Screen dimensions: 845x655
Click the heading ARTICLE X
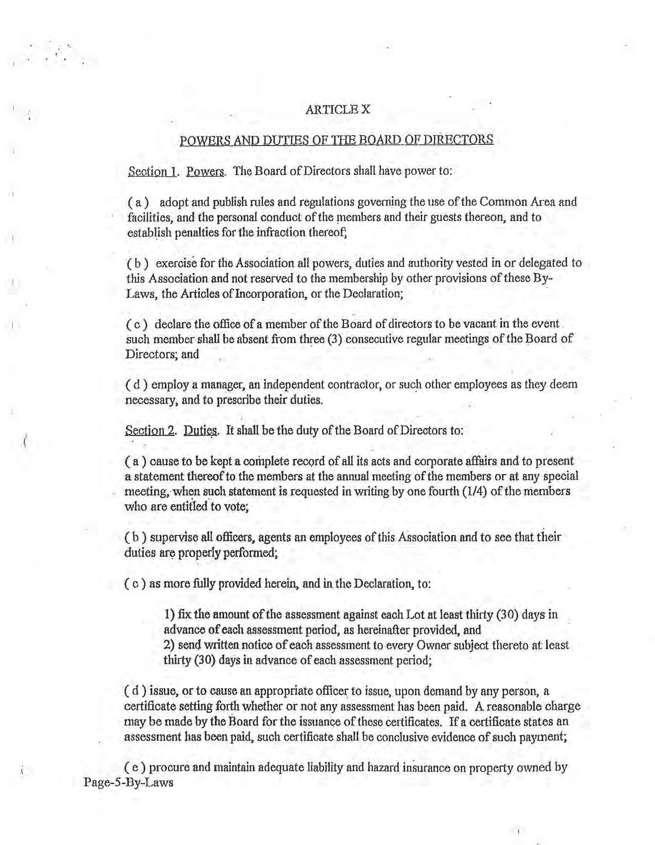pos(337,109)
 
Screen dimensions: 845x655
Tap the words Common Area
pos(512,202)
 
